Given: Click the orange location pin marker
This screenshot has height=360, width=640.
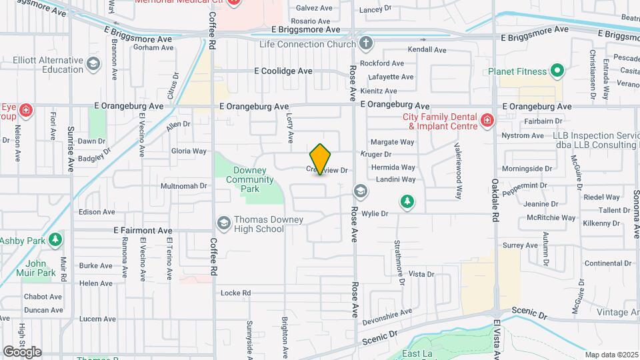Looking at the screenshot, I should [x=321, y=159].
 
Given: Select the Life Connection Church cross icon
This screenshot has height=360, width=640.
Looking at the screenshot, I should [x=365, y=44].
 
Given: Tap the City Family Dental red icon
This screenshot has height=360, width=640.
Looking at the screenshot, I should [x=487, y=121].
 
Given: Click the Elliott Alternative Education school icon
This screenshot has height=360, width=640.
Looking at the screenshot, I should [x=93, y=64].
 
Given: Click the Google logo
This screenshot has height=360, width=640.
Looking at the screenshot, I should [x=22, y=351].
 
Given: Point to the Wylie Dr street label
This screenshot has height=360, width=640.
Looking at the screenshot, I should [x=375, y=214].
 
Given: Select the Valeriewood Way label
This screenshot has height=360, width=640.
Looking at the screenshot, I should [x=459, y=171].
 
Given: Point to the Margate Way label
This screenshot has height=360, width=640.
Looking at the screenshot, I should [x=392, y=142].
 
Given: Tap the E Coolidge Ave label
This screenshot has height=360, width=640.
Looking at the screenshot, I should [x=283, y=71].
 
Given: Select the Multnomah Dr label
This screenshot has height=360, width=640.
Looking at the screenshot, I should [x=185, y=185].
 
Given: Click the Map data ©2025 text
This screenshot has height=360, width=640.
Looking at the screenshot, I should [x=610, y=355].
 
